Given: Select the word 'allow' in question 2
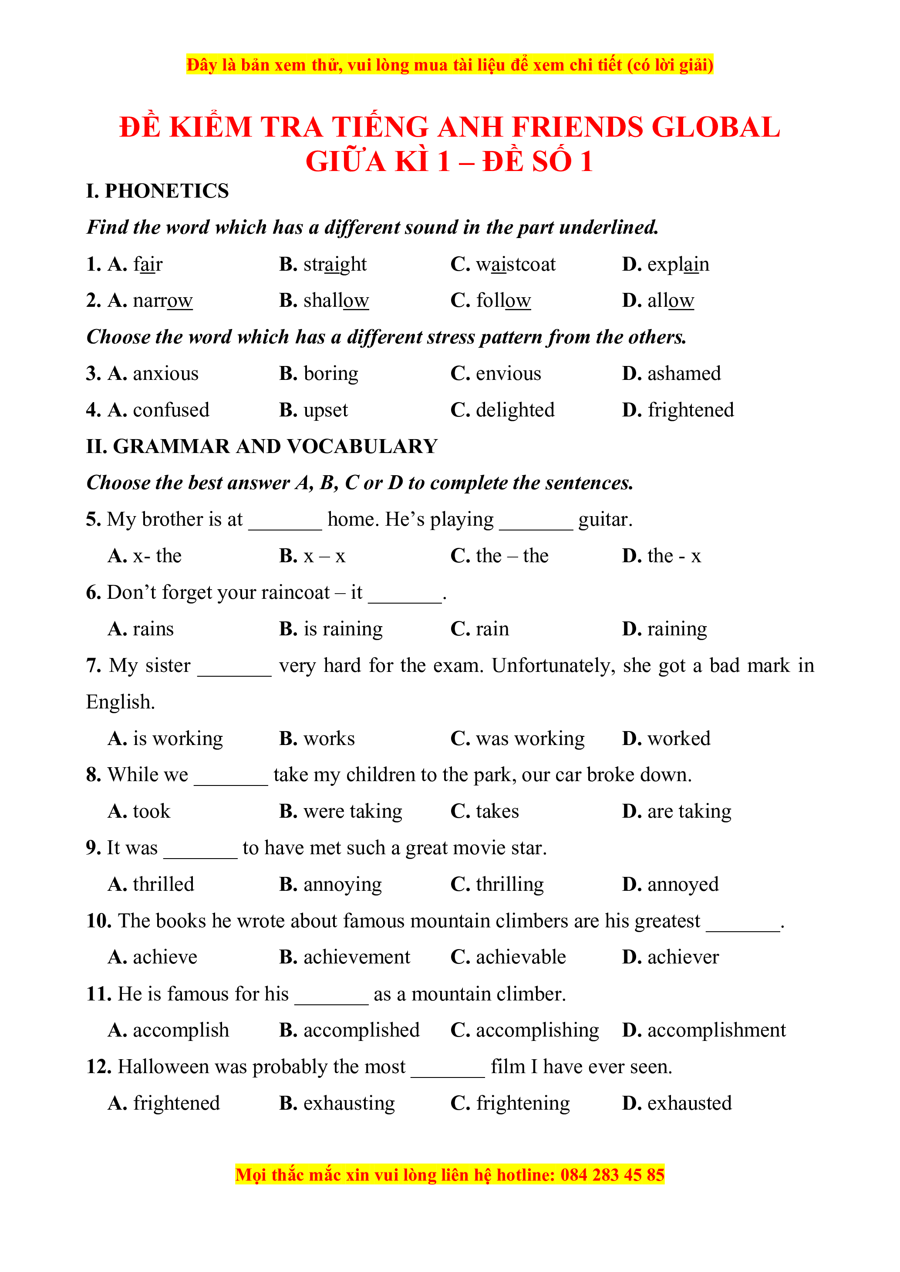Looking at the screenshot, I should (671, 300).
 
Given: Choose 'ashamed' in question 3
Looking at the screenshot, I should (684, 373).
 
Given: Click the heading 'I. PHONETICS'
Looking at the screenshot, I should (157, 191).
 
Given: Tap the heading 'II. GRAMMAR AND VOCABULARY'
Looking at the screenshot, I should (262, 446).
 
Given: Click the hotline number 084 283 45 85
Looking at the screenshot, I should (612, 1175).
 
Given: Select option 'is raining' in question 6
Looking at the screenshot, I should (343, 629).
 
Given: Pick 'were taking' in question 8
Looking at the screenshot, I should (352, 812).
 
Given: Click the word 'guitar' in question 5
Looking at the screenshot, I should (603, 520).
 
